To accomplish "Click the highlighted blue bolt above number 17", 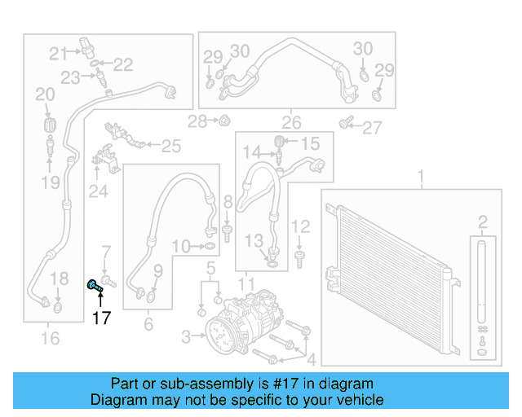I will [x=94, y=285].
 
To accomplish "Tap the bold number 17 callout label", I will [x=100, y=318].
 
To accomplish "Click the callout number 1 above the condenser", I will [x=422, y=176].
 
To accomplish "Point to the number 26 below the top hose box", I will [x=291, y=123].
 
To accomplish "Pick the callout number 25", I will [x=170, y=147].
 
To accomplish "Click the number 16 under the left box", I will [x=50, y=337].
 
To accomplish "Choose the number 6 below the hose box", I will [x=148, y=324].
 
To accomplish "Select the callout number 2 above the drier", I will [x=482, y=222].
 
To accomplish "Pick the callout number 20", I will [x=44, y=95].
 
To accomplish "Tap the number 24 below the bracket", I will [x=98, y=192].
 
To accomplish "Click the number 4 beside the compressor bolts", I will [x=310, y=358].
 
